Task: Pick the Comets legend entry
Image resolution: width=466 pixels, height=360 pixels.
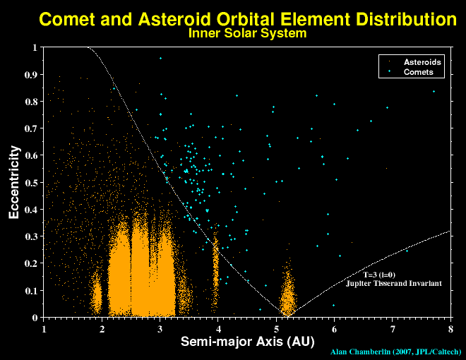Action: point(418,72)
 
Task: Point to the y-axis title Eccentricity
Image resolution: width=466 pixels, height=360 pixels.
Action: point(14,182)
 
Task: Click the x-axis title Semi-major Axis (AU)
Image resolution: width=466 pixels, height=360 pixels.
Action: point(247,342)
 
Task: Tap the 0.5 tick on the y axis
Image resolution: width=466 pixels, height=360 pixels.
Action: point(32,183)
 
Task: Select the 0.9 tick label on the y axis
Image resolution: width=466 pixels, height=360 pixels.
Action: point(32,75)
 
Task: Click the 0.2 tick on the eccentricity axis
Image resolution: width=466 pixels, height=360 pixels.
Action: point(32,263)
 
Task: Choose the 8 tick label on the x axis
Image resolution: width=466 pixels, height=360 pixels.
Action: point(450,328)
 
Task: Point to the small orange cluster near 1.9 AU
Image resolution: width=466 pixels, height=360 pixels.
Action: point(97,293)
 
